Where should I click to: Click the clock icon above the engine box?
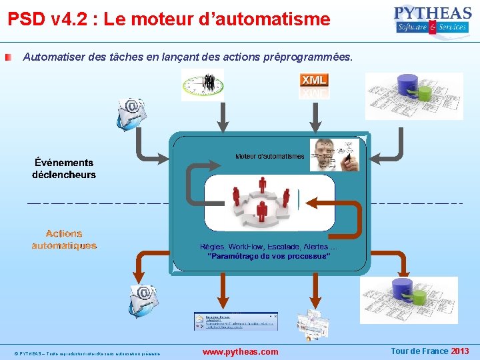(x=203, y=85)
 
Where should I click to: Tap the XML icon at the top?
(x=314, y=85)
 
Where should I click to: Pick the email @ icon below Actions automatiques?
(x=143, y=298)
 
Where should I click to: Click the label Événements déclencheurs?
(x=64, y=168)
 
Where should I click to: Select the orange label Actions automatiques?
(x=64, y=239)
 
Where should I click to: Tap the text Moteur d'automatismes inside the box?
(x=270, y=157)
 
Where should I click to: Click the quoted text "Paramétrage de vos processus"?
(x=269, y=256)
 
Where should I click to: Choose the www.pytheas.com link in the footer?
(x=240, y=351)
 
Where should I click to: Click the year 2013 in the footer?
(x=459, y=351)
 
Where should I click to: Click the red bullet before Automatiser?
(x=7, y=58)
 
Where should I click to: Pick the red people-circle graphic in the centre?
(x=260, y=201)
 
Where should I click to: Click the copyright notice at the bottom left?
(x=87, y=353)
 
